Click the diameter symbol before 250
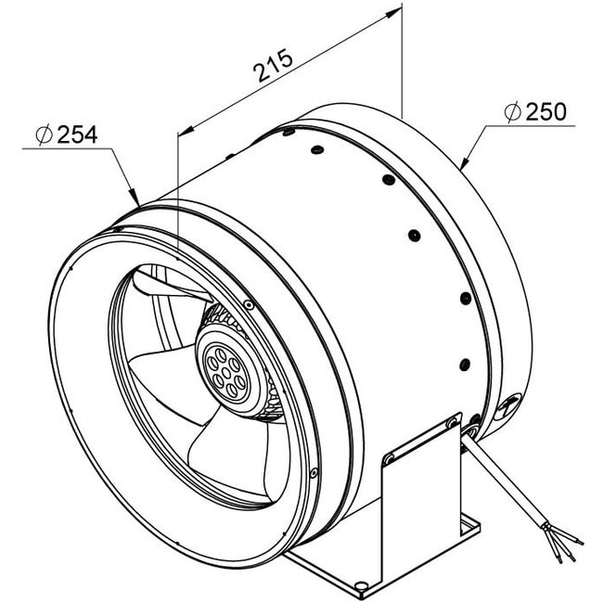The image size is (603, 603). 511,112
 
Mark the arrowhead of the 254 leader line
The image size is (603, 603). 136,199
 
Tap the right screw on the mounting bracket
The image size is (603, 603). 452,422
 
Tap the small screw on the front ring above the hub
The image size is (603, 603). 250,303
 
